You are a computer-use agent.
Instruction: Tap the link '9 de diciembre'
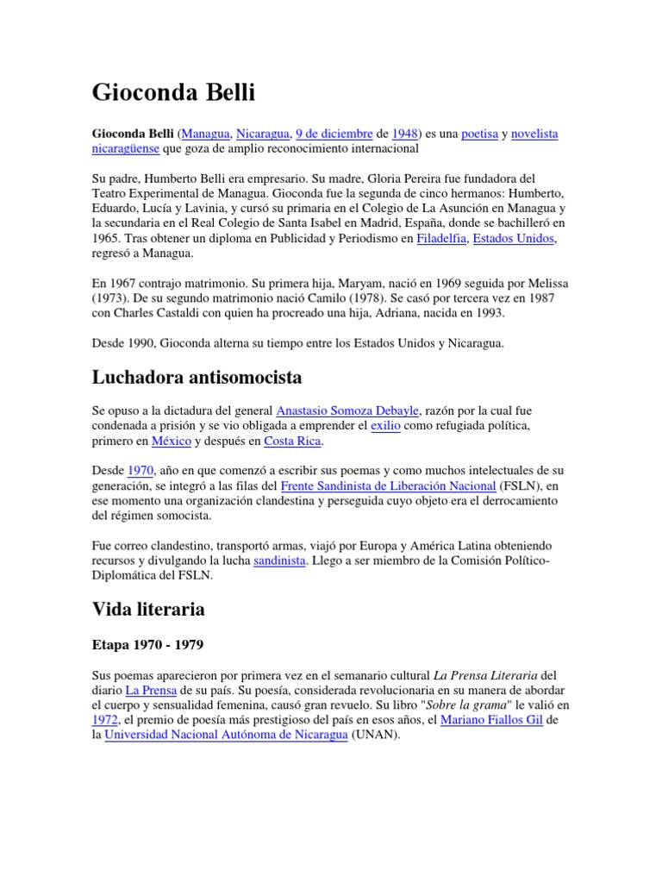pyautogui.click(x=334, y=134)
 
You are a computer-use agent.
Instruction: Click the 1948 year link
pyautogui.click(x=405, y=134)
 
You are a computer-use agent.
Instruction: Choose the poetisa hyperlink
pyautogui.click(x=479, y=134)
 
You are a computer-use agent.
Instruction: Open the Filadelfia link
pyautogui.click(x=441, y=239)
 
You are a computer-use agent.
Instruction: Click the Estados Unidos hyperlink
pyautogui.click(x=514, y=239)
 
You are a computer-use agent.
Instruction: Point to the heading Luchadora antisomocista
pyautogui.click(x=197, y=377)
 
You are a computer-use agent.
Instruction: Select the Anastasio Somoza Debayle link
pyautogui.click(x=347, y=410)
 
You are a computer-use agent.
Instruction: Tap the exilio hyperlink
pyautogui.click(x=385, y=426)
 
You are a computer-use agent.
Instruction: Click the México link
pyautogui.click(x=171, y=441)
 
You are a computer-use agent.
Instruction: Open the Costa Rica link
pyautogui.click(x=292, y=441)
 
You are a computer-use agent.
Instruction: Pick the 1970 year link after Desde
pyautogui.click(x=141, y=471)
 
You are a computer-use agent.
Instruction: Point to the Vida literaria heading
pyautogui.click(x=148, y=609)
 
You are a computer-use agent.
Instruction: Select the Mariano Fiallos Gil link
pyautogui.click(x=491, y=720)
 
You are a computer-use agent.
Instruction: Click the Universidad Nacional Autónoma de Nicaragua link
pyautogui.click(x=227, y=736)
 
